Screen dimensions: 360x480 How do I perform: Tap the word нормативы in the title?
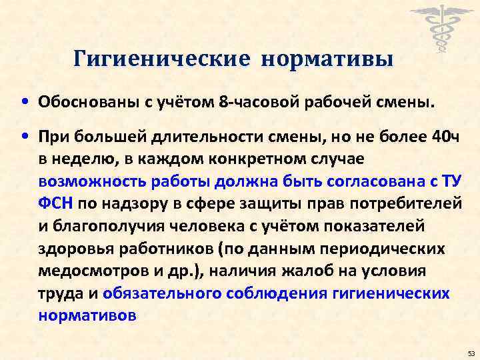(327, 60)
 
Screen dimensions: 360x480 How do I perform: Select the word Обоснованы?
(81, 104)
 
